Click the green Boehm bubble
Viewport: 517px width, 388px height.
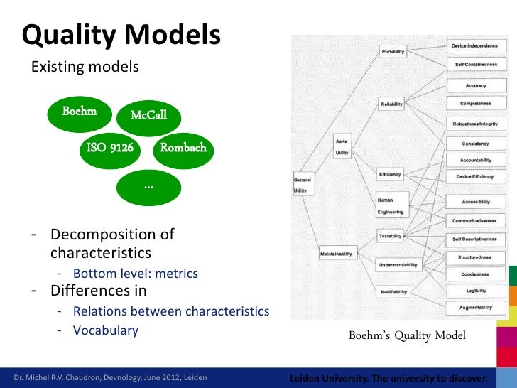tap(80, 112)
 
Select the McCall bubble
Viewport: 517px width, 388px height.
tap(148, 115)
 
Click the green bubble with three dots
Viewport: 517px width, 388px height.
tap(148, 185)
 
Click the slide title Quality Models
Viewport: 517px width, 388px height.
tap(121, 34)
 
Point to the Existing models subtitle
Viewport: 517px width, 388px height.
tap(84, 68)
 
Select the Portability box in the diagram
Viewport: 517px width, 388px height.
tap(393, 52)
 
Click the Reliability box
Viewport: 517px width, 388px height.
tap(391, 104)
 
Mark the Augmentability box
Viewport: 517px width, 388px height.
tap(476, 308)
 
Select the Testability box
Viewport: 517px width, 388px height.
tap(391, 236)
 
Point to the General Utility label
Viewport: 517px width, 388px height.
tap(303, 185)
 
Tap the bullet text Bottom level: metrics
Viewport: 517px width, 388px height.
tap(135, 274)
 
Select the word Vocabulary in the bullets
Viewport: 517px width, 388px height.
tap(105, 330)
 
